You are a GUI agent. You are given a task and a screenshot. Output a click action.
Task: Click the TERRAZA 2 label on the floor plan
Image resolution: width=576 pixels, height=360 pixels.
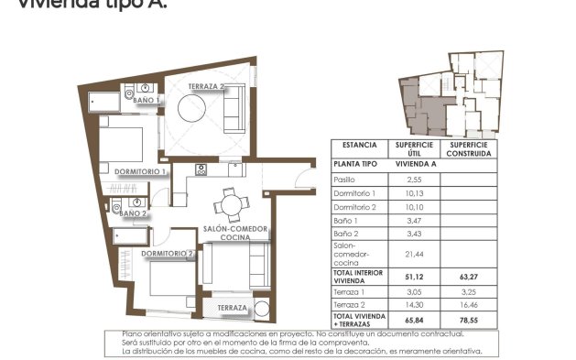coord(206,87)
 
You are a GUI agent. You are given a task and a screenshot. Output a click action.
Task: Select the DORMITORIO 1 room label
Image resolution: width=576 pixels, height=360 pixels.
coord(140,171)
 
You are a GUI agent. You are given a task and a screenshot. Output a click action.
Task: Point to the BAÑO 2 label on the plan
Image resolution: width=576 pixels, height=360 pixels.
coord(133,213)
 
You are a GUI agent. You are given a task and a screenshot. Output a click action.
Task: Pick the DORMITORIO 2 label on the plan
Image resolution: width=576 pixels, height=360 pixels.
coord(168,253)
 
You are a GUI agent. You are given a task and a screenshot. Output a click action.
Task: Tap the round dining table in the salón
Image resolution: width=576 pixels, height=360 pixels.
coord(230,203)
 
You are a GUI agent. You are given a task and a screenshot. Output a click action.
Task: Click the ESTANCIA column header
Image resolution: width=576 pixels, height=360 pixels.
coord(359,146)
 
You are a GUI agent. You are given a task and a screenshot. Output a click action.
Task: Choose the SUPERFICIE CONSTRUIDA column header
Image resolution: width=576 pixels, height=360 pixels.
coord(472,149)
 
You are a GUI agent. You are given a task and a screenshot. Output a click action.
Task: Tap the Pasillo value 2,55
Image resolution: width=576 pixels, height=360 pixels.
coord(413,180)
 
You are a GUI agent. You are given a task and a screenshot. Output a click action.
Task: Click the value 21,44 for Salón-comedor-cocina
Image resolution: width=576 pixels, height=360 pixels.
coord(413,255)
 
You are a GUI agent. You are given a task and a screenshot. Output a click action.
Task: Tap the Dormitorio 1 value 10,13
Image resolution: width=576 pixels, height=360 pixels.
coord(413,194)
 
